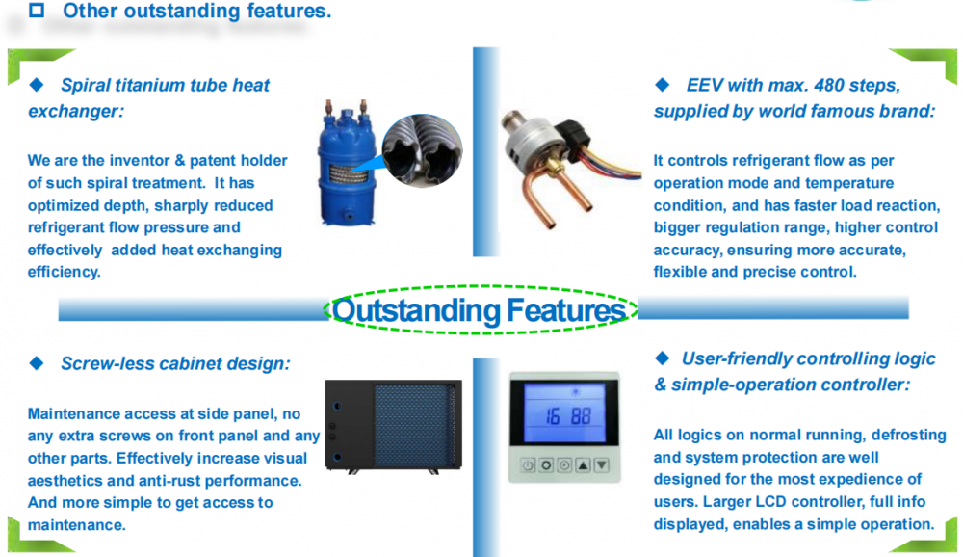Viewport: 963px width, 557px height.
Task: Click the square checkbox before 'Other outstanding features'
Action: pos(37,10)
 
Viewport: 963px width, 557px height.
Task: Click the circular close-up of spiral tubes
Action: pos(422,150)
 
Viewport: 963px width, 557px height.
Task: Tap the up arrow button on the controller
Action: pos(583,465)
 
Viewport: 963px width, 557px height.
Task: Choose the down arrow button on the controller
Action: pos(602,465)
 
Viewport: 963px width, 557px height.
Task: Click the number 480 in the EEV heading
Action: pos(828,85)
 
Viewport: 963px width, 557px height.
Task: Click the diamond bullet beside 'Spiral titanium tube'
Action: pos(37,85)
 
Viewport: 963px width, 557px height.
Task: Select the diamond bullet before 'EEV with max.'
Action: pos(663,85)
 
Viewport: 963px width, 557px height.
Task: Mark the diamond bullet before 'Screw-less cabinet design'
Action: pos(37,363)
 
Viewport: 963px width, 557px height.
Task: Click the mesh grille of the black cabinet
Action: pos(414,425)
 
